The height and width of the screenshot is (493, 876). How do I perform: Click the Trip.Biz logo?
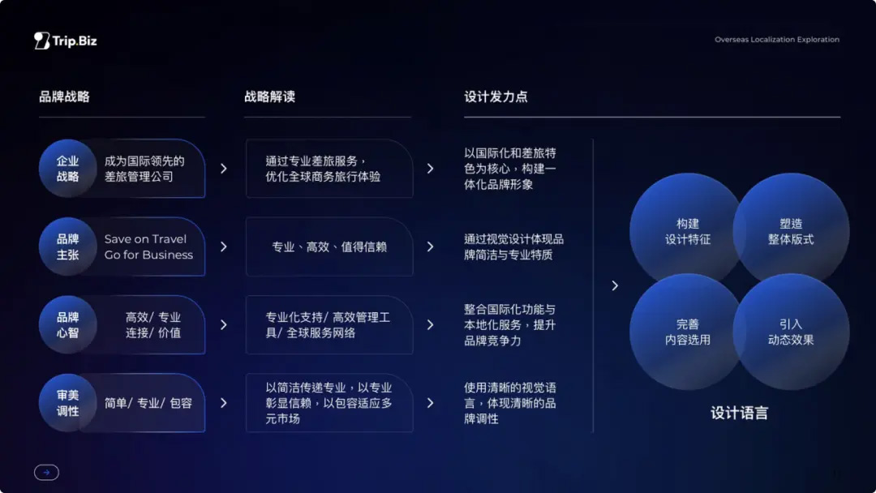point(66,41)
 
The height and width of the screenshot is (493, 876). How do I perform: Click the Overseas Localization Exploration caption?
point(776,40)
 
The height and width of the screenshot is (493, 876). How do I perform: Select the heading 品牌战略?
point(64,96)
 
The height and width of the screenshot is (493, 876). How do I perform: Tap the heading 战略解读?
point(270,96)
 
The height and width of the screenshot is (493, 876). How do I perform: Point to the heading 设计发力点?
point(496,96)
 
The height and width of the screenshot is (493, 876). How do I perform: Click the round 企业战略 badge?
point(67,169)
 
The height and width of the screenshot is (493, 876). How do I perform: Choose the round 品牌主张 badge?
point(67,246)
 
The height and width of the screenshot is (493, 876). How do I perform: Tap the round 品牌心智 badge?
point(67,325)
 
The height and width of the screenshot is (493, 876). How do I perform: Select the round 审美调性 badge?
point(67,403)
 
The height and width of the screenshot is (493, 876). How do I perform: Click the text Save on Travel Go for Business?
point(148,246)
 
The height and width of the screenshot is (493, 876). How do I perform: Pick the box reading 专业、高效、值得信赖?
point(329,246)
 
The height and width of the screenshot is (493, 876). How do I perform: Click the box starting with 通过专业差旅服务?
point(329,169)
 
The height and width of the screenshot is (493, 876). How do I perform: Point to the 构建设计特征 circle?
point(688,231)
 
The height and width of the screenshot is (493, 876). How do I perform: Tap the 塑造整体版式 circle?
point(791,231)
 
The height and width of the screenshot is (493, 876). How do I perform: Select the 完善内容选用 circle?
point(688,332)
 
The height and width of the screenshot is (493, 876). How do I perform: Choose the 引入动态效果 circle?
point(791,332)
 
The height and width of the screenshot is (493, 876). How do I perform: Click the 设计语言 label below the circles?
point(739,414)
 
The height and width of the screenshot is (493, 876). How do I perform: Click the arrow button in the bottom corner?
point(46,473)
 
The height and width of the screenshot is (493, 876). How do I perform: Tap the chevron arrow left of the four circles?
point(615,286)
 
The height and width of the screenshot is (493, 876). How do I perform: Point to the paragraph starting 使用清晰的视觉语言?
point(510,403)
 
